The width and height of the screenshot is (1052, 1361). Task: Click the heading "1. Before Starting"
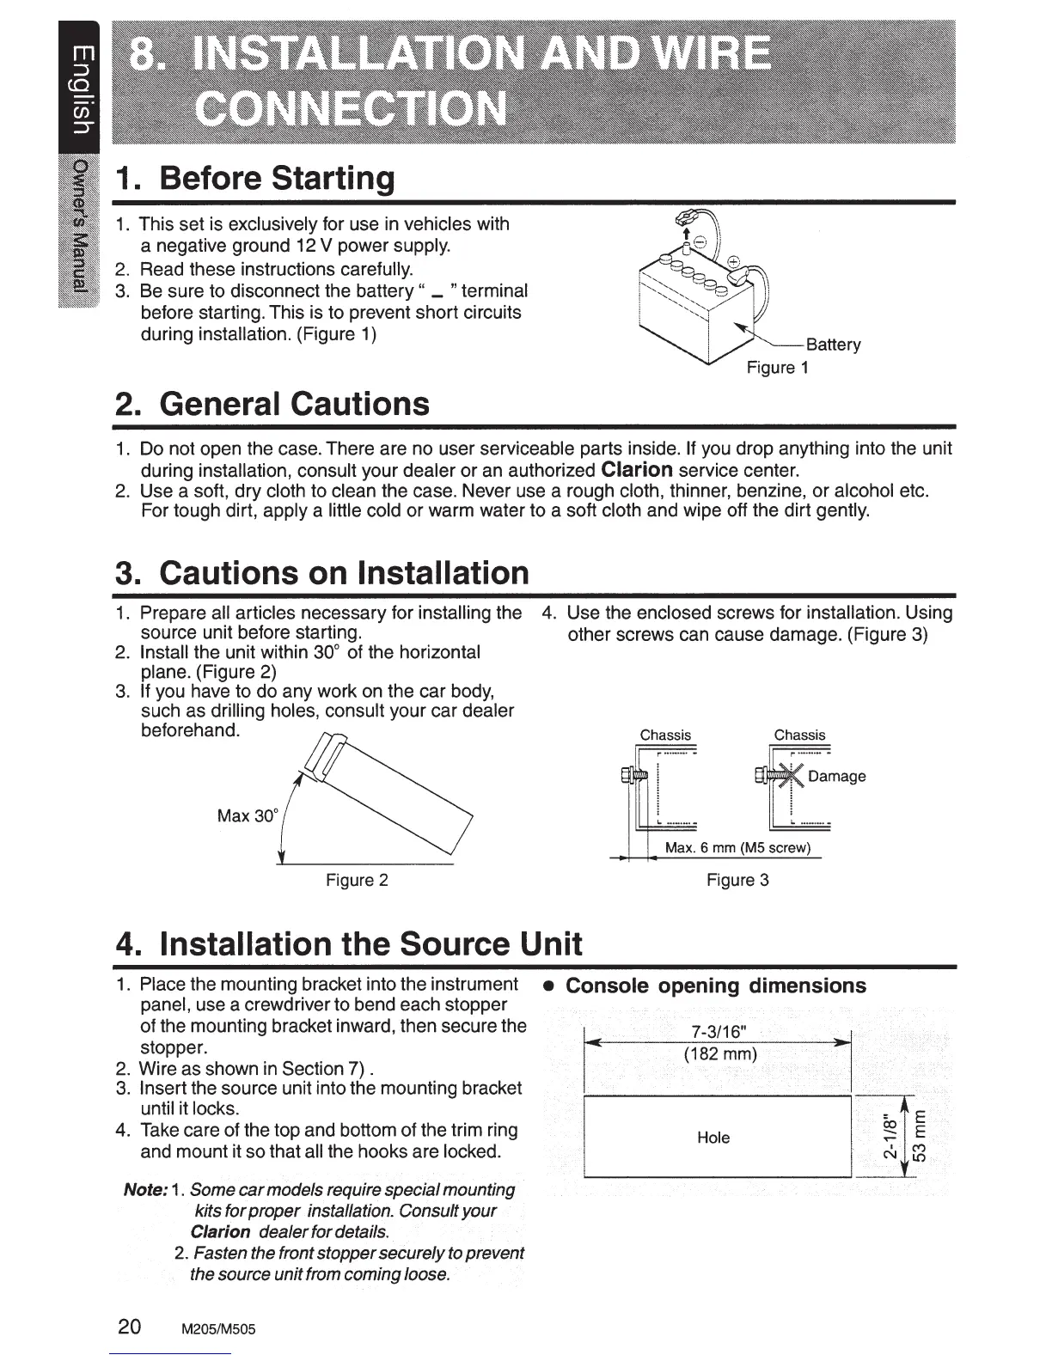tap(257, 178)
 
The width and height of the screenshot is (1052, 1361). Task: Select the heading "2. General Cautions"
tap(272, 403)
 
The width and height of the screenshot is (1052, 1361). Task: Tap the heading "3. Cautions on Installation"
tap(322, 572)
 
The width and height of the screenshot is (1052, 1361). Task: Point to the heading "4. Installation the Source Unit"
tap(349, 943)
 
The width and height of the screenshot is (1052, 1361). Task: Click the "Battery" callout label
tap(833, 345)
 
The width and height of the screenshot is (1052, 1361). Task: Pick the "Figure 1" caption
tap(777, 368)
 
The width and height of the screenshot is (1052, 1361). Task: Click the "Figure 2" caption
tap(357, 880)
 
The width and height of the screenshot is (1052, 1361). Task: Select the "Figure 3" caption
tap(737, 880)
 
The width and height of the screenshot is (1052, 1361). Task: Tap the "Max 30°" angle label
tap(246, 815)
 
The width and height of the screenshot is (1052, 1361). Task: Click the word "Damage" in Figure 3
tap(836, 777)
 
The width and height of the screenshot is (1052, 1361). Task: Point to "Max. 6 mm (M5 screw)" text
tap(737, 848)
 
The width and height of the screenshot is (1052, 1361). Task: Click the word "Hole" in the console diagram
tap(713, 1138)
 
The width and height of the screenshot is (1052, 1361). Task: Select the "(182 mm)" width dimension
tap(720, 1053)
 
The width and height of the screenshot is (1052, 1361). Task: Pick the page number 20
tap(130, 1326)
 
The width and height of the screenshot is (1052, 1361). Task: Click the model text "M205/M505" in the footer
tap(217, 1328)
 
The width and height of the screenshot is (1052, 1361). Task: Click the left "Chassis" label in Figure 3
tap(665, 735)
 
